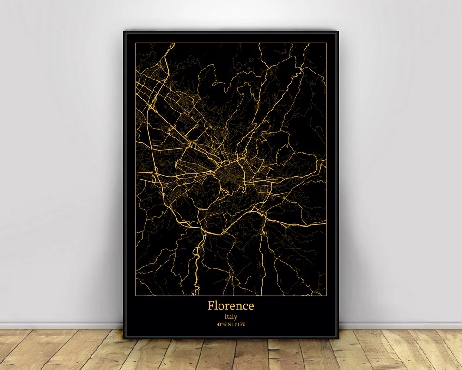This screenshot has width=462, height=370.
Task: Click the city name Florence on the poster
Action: click(x=231, y=306)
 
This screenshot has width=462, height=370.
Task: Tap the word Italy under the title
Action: click(x=231, y=317)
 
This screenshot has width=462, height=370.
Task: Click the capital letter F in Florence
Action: click(x=211, y=306)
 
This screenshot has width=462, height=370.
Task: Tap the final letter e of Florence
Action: click(x=250, y=307)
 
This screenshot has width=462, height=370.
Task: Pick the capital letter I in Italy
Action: click(x=225, y=317)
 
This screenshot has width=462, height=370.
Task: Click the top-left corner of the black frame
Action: click(x=124, y=31)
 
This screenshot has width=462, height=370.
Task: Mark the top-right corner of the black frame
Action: click(x=338, y=31)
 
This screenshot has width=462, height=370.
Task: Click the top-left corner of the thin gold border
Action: click(x=136, y=43)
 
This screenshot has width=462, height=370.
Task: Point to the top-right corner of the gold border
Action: click(x=326, y=43)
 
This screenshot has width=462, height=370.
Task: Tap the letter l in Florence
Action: click(x=217, y=305)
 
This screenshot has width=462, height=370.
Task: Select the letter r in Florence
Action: click(x=228, y=307)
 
